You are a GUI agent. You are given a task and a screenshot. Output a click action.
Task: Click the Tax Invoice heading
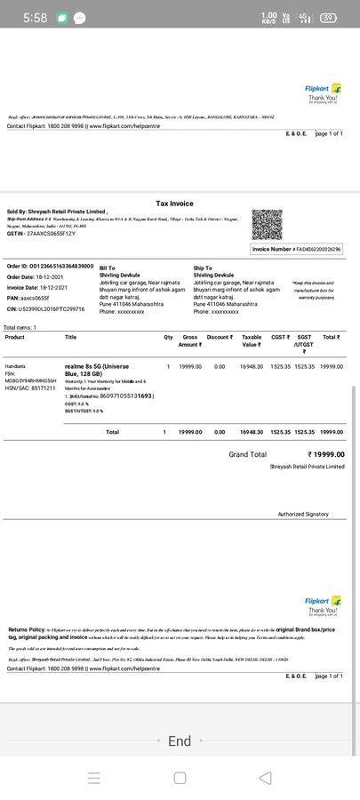point(174,204)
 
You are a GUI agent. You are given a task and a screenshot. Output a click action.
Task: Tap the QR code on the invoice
point(267,224)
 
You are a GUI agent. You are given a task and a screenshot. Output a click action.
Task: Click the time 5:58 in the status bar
point(35,18)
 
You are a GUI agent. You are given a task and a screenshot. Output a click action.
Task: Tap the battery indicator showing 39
point(328,18)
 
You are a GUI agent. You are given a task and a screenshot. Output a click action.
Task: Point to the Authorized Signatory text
point(303,514)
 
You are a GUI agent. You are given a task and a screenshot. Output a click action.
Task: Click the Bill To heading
point(107,268)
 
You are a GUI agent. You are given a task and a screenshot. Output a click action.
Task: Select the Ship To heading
point(203,268)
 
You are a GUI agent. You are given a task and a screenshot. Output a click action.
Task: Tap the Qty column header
point(168,338)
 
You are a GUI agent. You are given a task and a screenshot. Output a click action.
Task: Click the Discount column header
point(219,338)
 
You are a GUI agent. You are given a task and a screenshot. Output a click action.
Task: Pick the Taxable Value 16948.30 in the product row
point(252,366)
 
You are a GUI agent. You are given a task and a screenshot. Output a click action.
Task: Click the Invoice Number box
point(297,250)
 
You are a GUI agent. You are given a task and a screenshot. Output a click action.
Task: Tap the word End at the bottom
point(180,741)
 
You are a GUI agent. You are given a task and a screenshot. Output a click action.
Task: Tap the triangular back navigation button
point(265,778)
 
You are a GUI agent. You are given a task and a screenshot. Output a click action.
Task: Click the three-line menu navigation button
point(94,778)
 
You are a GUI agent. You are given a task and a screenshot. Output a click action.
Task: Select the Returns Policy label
point(26,629)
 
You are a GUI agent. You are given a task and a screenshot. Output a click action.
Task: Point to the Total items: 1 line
point(20,328)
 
